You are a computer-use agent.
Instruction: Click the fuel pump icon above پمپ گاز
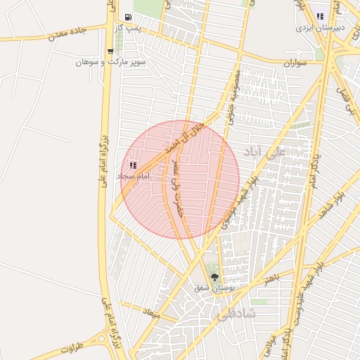[x=127, y=17]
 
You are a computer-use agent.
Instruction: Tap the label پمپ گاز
[x=129, y=27]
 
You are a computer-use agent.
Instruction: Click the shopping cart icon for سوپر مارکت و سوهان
[x=110, y=51]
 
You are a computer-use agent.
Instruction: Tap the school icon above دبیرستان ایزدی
[x=321, y=16]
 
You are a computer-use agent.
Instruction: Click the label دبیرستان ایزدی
[x=314, y=27]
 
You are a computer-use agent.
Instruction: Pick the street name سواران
[x=297, y=63]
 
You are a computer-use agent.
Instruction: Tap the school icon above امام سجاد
[x=133, y=165]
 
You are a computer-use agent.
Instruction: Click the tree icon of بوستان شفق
[x=214, y=277]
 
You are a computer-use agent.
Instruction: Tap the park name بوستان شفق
[x=217, y=288]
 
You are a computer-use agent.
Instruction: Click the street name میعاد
[x=152, y=311]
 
